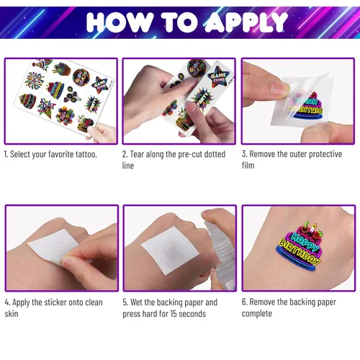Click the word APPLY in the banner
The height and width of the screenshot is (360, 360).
point(246,22)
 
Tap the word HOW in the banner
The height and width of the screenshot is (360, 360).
point(120,22)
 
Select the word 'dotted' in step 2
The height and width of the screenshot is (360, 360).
point(215,154)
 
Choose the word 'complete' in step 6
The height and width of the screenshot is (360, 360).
point(257,314)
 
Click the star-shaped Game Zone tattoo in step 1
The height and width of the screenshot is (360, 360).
point(100,85)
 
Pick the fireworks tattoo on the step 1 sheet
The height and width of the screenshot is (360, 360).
point(35,79)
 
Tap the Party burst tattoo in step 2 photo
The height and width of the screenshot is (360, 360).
point(202,99)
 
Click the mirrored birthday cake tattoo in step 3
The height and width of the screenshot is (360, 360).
point(306,106)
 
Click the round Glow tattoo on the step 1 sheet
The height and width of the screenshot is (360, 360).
point(81,77)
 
